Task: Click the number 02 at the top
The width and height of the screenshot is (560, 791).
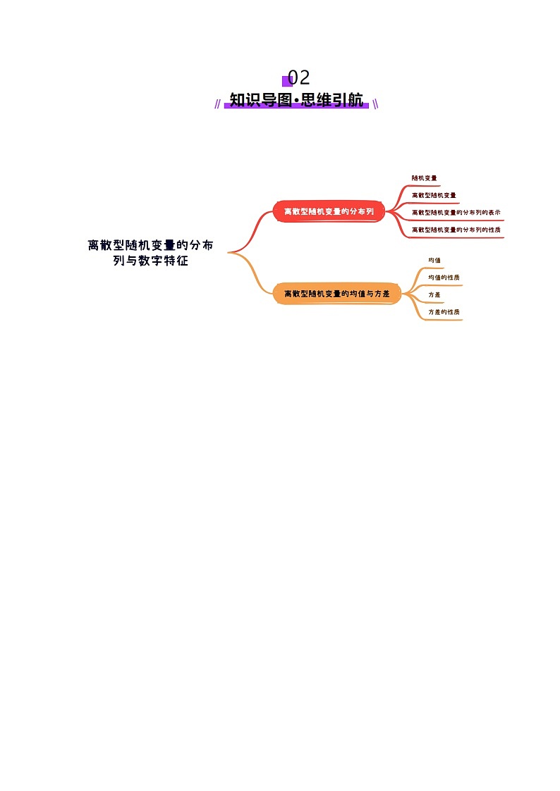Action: (x=298, y=77)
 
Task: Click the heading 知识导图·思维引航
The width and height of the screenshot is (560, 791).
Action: (x=296, y=100)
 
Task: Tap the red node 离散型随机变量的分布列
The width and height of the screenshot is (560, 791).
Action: (x=328, y=211)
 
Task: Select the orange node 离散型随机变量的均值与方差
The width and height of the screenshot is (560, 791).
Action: (x=336, y=293)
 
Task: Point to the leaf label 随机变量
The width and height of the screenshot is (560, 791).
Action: (x=424, y=178)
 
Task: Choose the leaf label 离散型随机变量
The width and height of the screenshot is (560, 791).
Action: (x=434, y=195)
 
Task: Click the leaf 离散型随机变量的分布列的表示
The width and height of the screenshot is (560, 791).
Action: (x=456, y=212)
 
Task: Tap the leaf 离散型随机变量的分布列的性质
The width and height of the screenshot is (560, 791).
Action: (x=456, y=230)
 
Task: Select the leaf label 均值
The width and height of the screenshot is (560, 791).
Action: (x=434, y=261)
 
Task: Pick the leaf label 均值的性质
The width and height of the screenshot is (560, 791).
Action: (x=444, y=278)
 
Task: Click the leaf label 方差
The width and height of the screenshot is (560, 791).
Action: (x=434, y=294)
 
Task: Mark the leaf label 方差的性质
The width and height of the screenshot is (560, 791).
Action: (x=444, y=311)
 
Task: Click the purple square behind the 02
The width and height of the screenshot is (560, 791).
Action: (x=286, y=82)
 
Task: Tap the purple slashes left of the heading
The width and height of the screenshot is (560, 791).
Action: (x=218, y=104)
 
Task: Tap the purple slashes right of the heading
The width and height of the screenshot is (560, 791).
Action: (x=375, y=104)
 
